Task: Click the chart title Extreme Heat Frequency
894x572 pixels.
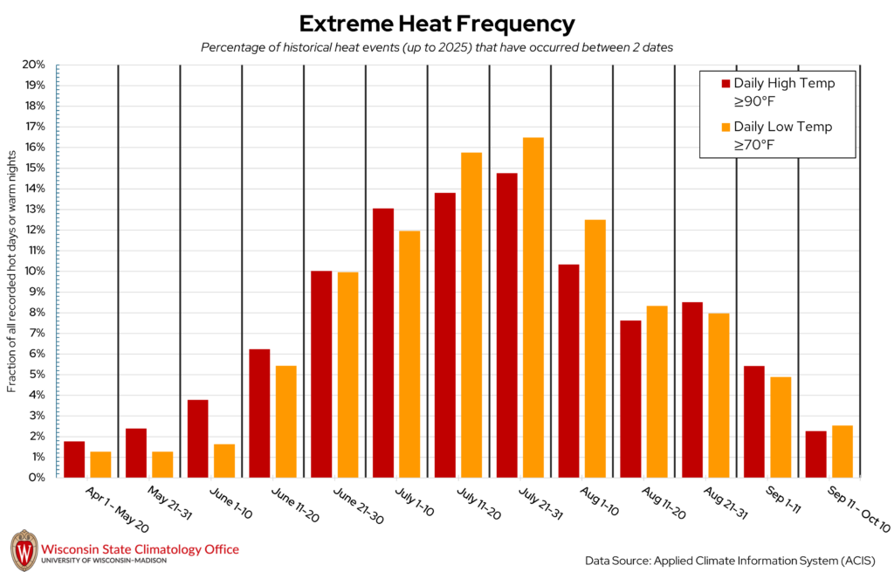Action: [x=437, y=24]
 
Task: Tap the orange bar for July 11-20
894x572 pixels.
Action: [x=471, y=314]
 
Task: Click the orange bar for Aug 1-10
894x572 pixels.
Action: [x=595, y=348]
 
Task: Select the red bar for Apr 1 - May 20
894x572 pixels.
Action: [x=74, y=459]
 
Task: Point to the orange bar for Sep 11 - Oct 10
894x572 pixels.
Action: [x=842, y=451]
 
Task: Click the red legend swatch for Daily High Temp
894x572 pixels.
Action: [x=726, y=84]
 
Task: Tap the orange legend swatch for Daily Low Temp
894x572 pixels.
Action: [x=726, y=127]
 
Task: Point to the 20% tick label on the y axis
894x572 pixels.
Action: [x=34, y=65]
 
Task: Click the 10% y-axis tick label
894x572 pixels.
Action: [x=34, y=271]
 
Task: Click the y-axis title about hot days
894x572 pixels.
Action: [x=12, y=271]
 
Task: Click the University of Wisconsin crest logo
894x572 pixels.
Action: [x=24, y=550]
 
